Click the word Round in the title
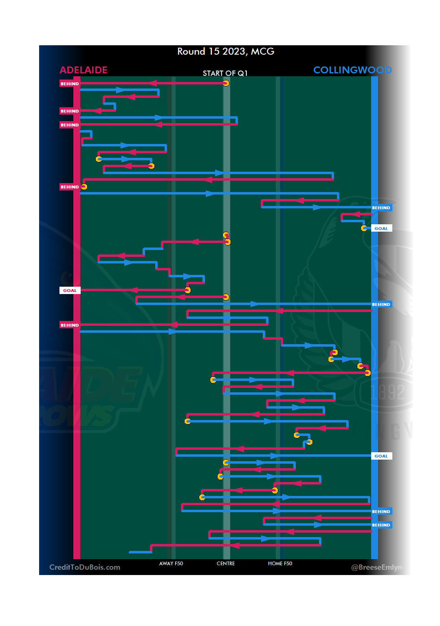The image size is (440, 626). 191,51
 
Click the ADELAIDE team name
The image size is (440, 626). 84,70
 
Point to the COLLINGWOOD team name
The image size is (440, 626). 352,70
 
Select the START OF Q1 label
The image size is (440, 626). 225,73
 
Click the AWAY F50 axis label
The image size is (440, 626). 171,564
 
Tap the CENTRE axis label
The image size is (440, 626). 226,564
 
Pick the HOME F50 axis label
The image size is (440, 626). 280,564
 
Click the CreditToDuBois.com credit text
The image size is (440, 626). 85,567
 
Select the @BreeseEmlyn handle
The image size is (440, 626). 376,567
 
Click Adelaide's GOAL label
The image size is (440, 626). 70,291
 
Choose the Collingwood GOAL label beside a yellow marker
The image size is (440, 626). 381,229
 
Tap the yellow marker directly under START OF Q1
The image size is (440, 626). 226,83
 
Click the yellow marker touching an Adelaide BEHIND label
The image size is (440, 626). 84,187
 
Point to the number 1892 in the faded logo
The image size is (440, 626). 387,392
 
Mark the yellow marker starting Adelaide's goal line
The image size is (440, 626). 187,290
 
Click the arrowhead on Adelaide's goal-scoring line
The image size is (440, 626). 134,290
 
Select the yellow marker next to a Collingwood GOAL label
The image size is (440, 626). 364,228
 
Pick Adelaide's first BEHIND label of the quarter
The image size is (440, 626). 70,84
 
